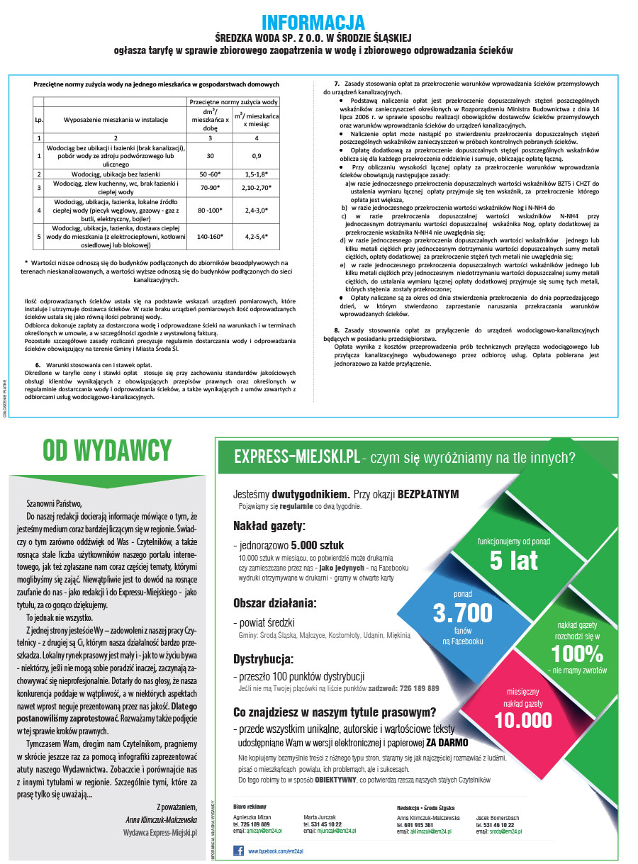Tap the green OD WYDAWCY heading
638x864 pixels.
coord(107,449)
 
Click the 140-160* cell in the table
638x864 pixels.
coord(210,237)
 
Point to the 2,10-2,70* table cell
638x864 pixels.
coord(257,187)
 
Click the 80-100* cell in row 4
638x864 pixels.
coord(210,210)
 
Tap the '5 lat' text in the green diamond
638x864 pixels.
coord(514,561)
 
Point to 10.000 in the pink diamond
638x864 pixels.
coord(523,720)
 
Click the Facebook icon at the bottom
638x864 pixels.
coord(238,850)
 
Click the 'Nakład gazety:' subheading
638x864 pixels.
coord(269,526)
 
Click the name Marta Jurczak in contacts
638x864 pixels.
coord(321,817)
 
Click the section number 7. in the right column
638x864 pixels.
coord(337,84)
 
